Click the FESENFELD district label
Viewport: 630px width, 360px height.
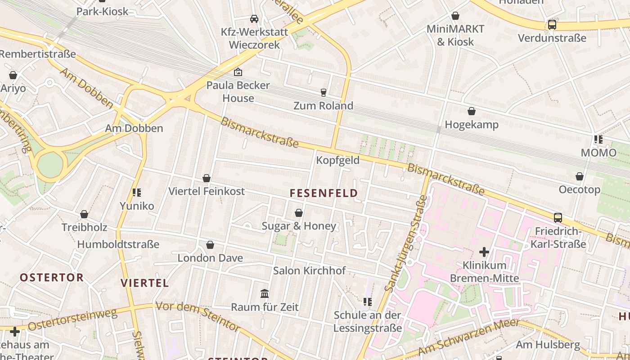[324, 193]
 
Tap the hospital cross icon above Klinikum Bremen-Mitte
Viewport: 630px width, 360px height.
[484, 252]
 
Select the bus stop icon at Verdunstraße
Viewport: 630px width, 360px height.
[552, 25]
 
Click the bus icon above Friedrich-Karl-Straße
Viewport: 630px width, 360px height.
[558, 218]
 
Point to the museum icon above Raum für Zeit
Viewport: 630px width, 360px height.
[265, 294]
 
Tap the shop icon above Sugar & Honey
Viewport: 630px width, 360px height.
[299, 213]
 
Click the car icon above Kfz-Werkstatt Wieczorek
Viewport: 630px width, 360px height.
[254, 19]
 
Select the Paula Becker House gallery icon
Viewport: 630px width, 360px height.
[238, 72]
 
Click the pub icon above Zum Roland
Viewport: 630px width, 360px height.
[323, 93]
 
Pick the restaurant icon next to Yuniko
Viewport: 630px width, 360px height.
[137, 193]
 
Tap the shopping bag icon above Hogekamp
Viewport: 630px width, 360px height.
[472, 111]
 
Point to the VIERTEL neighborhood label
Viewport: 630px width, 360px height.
[145, 283]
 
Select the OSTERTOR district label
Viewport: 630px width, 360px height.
[52, 277]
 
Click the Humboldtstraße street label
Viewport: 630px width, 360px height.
[118, 244]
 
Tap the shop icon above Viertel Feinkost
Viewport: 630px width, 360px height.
[207, 179]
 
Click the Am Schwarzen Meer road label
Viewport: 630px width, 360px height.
[469, 337]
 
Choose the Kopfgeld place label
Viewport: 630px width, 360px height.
[337, 160]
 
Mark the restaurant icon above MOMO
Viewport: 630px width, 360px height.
[598, 139]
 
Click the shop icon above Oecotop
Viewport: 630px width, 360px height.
[580, 176]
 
